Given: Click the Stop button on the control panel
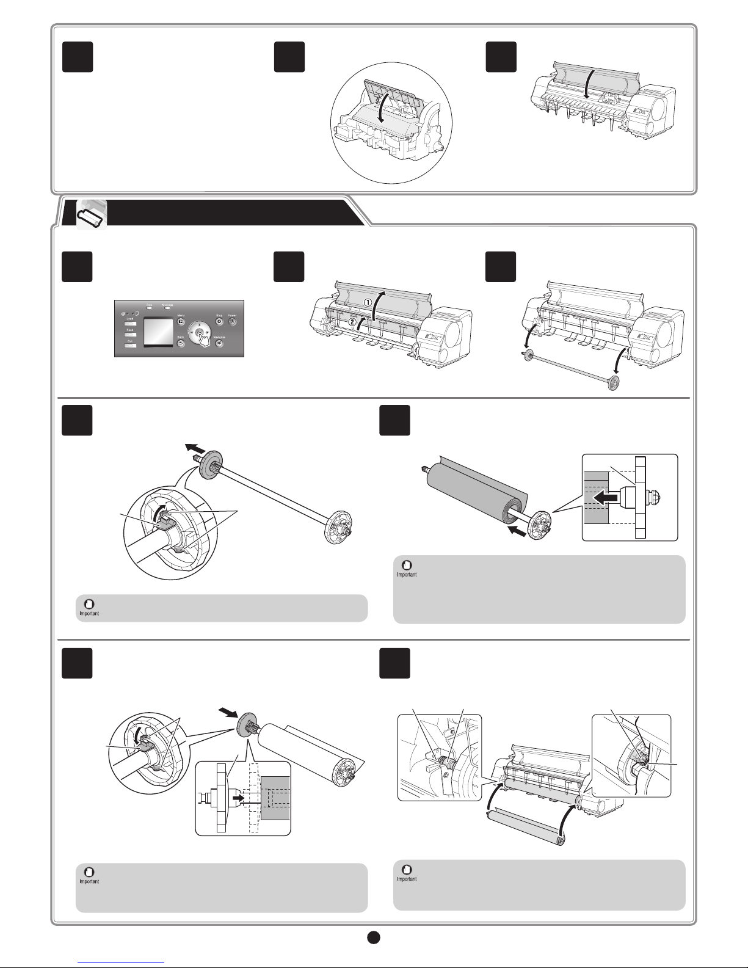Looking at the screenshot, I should (x=219, y=321).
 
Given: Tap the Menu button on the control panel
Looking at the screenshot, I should (x=181, y=321).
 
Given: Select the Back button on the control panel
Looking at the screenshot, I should (x=181, y=344).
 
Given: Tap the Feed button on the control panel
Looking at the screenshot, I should (x=130, y=335).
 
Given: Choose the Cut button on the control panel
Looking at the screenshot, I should (x=130, y=346).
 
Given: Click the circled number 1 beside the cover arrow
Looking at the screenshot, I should (x=368, y=302).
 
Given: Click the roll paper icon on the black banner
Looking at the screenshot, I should (x=92, y=216).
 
